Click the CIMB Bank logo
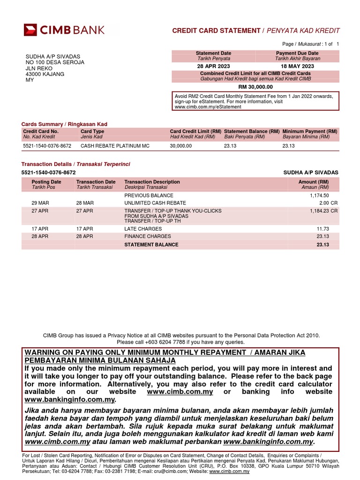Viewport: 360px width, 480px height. [x=65, y=30]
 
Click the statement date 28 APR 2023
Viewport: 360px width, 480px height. [x=213, y=67]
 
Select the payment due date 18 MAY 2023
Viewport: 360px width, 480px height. [x=297, y=67]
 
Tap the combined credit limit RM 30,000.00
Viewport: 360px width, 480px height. [x=255, y=87]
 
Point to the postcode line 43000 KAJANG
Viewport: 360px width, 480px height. [x=45, y=74]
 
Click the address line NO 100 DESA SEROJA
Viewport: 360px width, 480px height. [x=55, y=63]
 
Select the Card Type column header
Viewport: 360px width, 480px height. [x=92, y=132]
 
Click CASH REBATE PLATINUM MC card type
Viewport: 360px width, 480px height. [x=115, y=146]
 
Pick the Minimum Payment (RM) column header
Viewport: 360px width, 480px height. [x=310, y=132]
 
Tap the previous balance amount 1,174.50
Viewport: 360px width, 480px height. [x=319, y=195]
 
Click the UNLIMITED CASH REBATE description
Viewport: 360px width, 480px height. [x=155, y=203]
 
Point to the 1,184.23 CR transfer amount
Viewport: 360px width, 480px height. [x=324, y=211]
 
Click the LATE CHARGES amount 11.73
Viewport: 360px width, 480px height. [x=322, y=229]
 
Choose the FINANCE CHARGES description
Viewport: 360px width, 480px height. [x=147, y=237]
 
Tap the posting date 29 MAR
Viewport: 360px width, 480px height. [x=40, y=203]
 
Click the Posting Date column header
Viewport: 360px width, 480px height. [x=46, y=182]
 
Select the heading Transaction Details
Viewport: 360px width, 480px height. [x=46, y=164]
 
